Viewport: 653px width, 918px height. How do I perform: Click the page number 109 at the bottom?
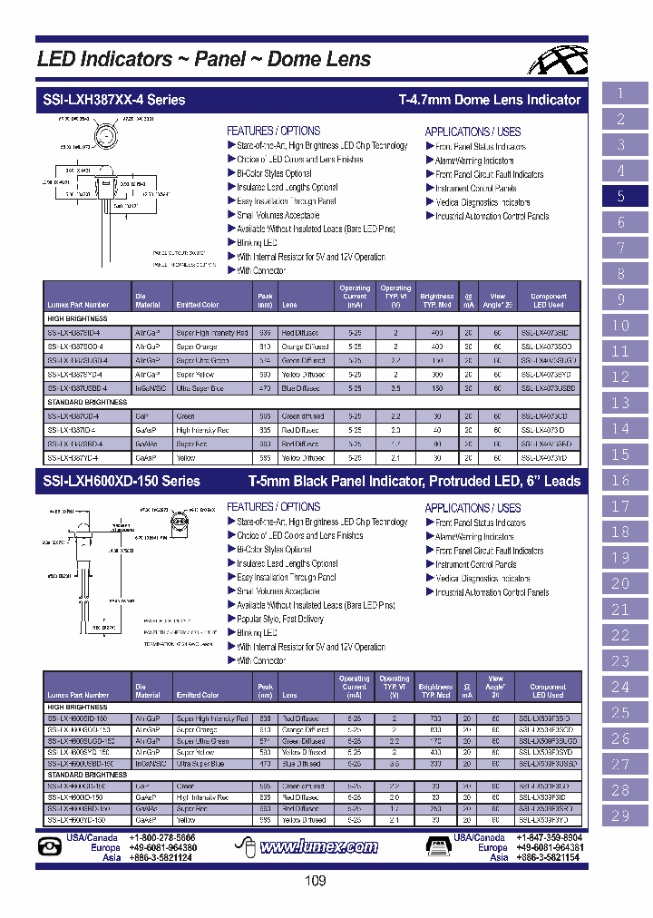coord(315,881)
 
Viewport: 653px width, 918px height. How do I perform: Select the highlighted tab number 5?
coord(621,196)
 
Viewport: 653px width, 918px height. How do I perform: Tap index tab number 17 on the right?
coord(620,506)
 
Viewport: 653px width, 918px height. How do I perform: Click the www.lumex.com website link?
coord(319,847)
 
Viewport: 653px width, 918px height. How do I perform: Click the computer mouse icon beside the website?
coord(244,847)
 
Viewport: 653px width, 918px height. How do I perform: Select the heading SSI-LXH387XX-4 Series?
coord(114,100)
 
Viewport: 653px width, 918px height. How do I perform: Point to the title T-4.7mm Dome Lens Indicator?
coord(490,100)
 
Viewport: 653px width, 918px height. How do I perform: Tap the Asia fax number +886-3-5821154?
coord(548,857)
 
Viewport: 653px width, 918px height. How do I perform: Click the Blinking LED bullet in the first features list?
coord(257,243)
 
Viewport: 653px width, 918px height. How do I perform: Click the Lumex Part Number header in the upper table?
coord(78,305)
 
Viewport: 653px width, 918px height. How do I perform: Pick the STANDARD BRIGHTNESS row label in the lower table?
coord(87,776)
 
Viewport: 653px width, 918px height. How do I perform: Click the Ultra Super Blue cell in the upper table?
coord(199,387)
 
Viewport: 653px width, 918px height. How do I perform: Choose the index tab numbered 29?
coord(620,815)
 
